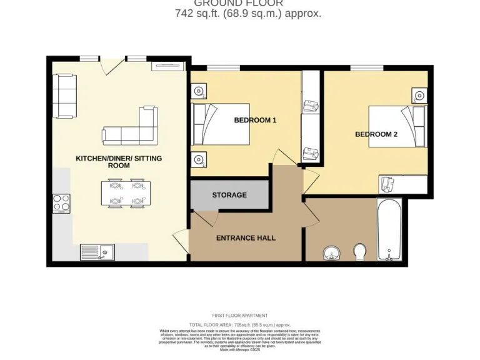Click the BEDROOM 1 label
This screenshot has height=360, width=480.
(255, 120)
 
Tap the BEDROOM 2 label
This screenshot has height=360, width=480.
(376, 134)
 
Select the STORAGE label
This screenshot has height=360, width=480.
(229, 195)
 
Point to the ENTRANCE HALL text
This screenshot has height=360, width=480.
(246, 237)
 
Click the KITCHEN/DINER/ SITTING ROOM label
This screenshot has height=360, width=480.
(119, 162)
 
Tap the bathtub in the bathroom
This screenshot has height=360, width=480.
(389, 229)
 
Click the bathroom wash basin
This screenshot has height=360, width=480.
(331, 253)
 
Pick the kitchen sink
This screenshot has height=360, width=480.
(96, 252)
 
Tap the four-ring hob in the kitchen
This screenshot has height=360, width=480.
(62, 203)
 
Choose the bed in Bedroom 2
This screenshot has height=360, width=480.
(396, 126)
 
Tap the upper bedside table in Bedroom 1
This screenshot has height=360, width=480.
(199, 91)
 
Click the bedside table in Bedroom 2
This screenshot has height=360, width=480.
(419, 96)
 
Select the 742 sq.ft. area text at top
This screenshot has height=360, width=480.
(248, 13)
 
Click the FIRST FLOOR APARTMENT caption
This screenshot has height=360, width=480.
(240, 316)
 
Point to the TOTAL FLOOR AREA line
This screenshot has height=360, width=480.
(240, 325)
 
